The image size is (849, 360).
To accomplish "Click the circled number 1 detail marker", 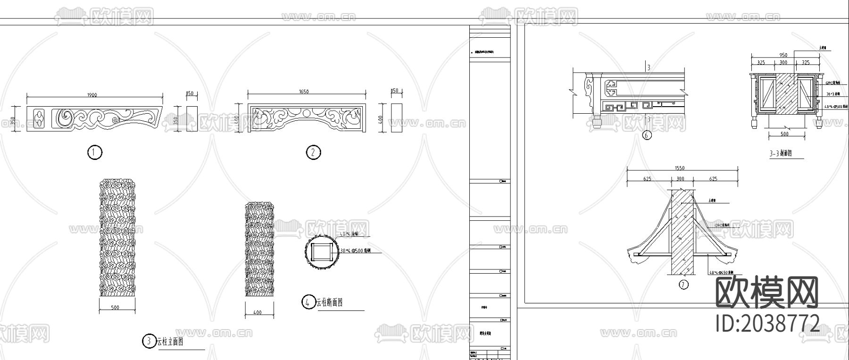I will tap(94, 152).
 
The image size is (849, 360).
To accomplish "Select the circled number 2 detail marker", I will tap(313, 152).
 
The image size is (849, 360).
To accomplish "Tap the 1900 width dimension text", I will tap(92, 95).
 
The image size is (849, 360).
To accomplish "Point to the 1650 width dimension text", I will tap(304, 92).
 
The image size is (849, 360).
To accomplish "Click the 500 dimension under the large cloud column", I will tap(115, 308).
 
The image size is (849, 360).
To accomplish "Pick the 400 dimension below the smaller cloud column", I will tap(257, 312).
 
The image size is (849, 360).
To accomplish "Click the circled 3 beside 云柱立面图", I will tap(149, 341).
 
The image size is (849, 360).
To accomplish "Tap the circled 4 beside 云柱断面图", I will tap(308, 302).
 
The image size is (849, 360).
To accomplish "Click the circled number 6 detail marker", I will tap(647, 135).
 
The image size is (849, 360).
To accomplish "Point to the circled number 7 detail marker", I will tap(683, 285).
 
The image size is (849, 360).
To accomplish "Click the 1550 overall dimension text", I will tap(680, 168).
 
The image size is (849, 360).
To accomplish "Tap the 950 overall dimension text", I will tap(783, 55).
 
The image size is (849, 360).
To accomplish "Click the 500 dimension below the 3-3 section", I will tap(784, 134).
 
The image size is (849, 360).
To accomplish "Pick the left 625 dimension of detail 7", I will tap(647, 179).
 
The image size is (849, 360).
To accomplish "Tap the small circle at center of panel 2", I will tap(306, 113).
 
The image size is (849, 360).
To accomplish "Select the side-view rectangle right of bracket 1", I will tap(191, 118).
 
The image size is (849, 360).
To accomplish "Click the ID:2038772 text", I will tap(767, 324).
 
